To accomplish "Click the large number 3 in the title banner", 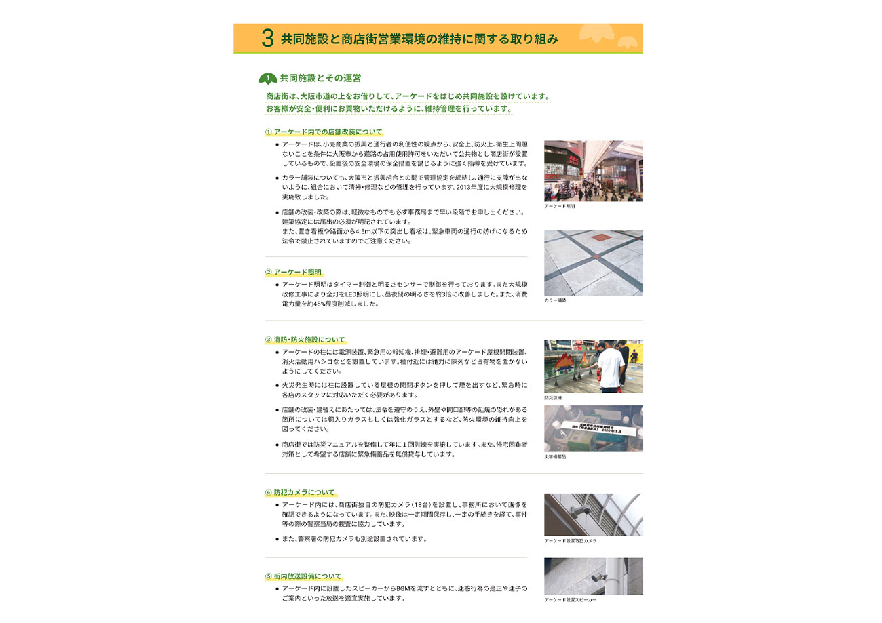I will click(267, 39).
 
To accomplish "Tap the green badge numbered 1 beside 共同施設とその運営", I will click(268, 79).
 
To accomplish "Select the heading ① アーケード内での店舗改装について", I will click(324, 132).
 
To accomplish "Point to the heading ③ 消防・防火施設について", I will click(305, 340).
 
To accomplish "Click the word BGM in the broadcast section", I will click(405, 588).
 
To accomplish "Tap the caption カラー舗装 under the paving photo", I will click(554, 300).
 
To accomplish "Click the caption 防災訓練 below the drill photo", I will click(553, 398).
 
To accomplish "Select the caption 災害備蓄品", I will click(555, 457).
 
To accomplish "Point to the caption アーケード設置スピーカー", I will click(570, 600).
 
